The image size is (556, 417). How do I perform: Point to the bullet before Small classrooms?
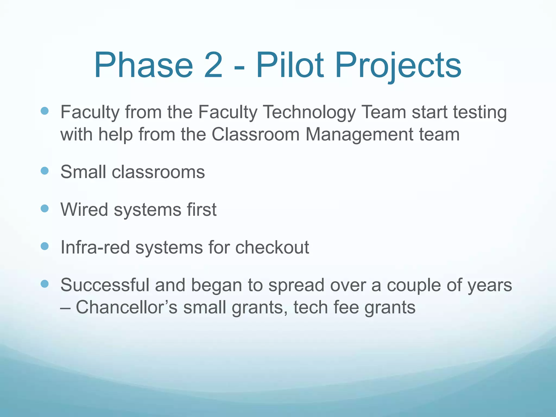point(45,171)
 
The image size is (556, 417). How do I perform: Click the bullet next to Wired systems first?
point(45,208)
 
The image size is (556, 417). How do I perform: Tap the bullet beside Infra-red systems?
point(45,246)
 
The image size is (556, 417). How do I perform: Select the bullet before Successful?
point(45,284)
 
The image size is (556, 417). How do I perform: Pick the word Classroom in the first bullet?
point(255,134)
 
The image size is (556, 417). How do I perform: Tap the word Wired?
point(84,210)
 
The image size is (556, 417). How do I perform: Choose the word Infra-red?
point(95,247)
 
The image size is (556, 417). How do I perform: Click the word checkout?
point(272,247)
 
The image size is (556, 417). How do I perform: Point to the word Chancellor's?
point(127,307)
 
